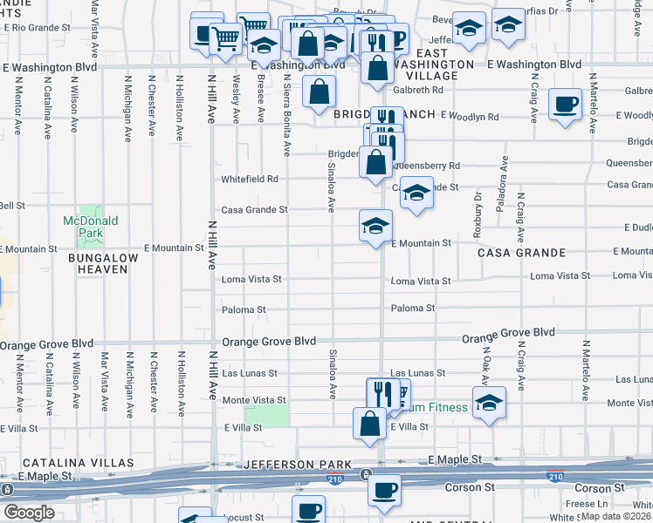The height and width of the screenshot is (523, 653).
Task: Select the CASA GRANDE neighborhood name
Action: tap(521, 253)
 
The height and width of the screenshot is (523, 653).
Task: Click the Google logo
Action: tap(29, 513)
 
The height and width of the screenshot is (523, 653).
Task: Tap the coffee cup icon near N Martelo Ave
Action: tap(566, 105)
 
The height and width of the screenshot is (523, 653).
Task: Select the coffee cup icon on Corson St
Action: tap(383, 490)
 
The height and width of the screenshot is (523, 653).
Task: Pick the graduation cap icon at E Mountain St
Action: tap(375, 226)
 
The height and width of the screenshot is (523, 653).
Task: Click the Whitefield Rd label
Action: tap(249, 179)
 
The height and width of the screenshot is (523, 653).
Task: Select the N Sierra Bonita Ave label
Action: tap(286, 114)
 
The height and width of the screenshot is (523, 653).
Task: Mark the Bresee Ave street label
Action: tap(260, 98)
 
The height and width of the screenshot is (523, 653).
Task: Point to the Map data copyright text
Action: tap(616, 515)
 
